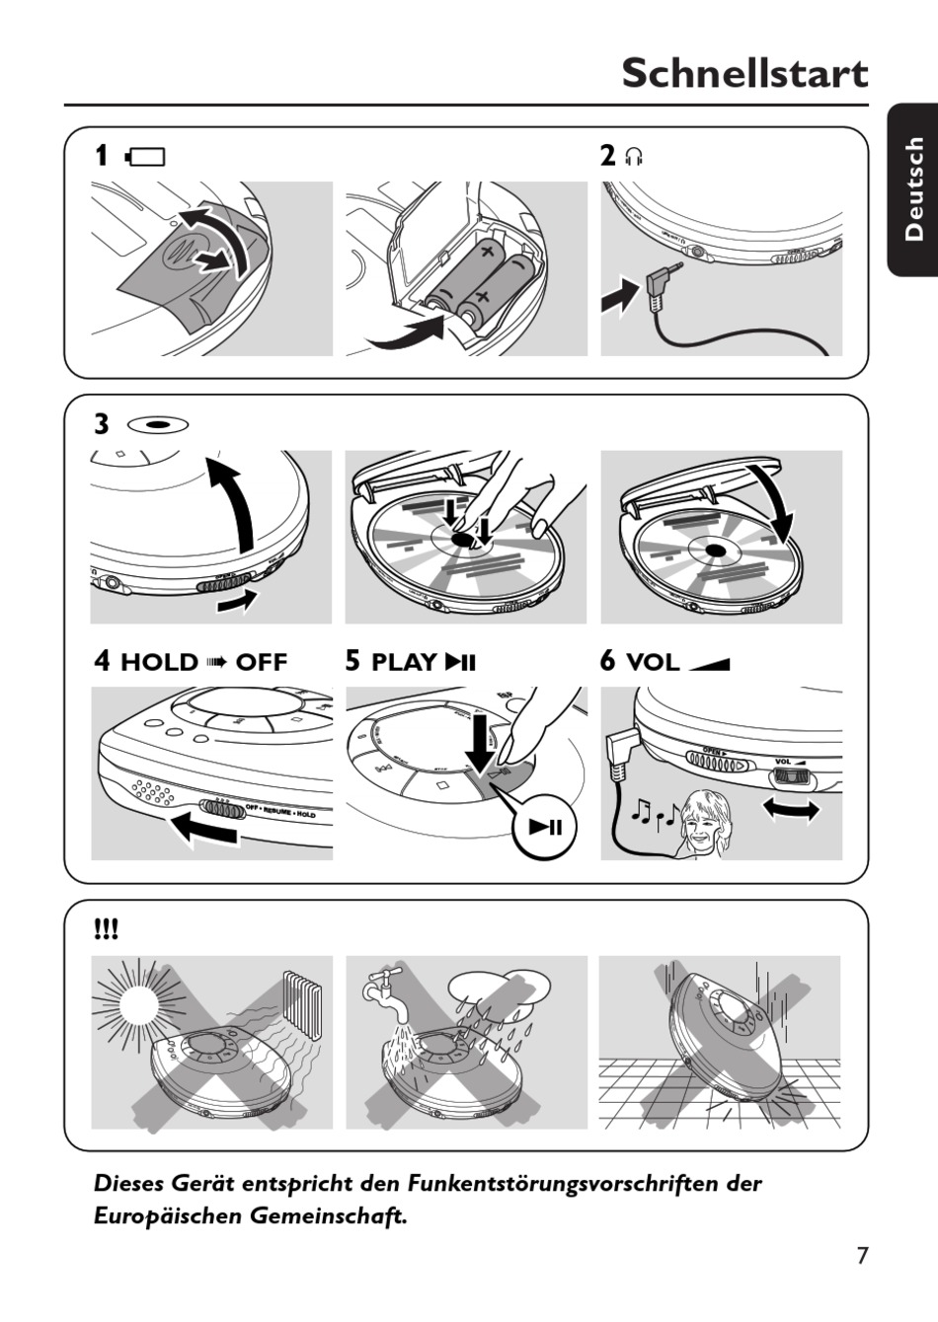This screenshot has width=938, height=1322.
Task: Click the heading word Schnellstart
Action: [744, 74]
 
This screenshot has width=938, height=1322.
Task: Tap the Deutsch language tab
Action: [913, 188]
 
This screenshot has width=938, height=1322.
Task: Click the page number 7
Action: [862, 1255]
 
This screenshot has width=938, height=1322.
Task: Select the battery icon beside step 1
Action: [145, 157]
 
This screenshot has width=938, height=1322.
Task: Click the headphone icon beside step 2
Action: [634, 157]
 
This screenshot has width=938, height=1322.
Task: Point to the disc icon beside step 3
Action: [158, 424]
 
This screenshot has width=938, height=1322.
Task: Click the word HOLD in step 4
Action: [159, 662]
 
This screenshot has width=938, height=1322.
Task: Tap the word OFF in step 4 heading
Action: [261, 662]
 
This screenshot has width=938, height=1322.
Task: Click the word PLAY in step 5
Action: [405, 662]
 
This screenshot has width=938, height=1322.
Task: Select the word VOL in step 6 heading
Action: [653, 662]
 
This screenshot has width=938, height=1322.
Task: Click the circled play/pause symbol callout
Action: [545, 827]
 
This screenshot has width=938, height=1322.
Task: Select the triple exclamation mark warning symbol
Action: [106, 928]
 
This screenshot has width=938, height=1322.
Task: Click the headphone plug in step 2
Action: [659, 286]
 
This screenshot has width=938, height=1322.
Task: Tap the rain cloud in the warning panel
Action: [498, 988]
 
